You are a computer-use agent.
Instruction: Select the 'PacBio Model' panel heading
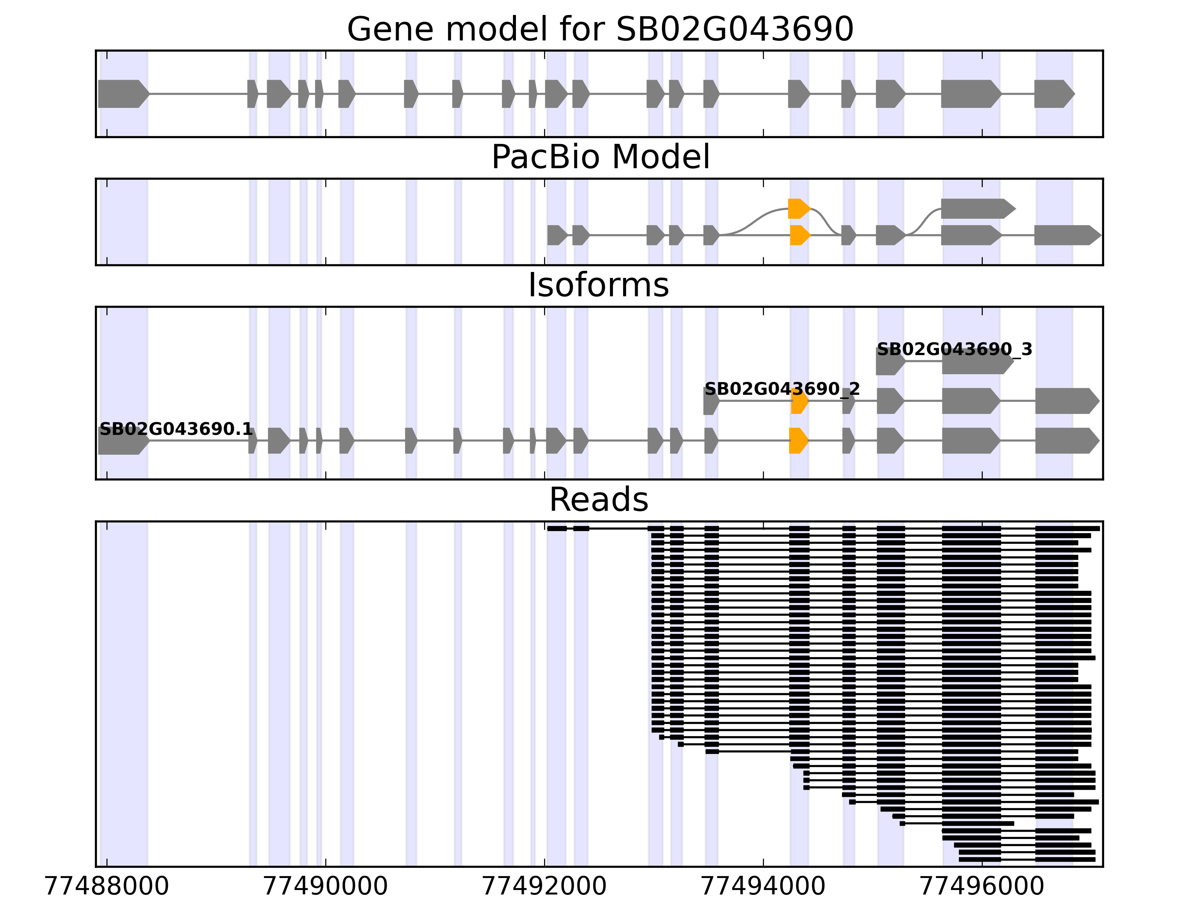click(599, 157)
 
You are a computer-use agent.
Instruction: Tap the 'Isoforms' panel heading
click(598, 285)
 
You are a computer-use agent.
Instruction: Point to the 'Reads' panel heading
click(598, 500)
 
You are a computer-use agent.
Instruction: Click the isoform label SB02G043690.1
click(176, 430)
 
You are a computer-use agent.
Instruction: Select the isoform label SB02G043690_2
click(782, 389)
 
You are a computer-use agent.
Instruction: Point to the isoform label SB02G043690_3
click(954, 349)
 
